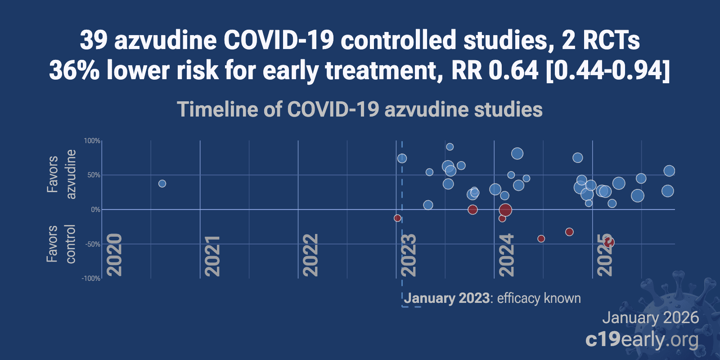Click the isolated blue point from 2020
(162, 184)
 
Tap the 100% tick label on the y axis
(92, 141)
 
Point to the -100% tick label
(91, 279)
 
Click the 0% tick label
(95, 210)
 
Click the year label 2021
(212, 255)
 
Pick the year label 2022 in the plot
(310, 255)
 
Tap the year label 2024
(506, 255)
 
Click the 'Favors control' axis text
(61, 243)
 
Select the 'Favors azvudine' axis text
(61, 174)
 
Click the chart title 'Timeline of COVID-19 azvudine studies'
(360, 109)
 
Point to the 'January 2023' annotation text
(446, 298)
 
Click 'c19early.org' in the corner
(642, 339)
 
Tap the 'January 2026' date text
(650, 318)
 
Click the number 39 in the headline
(94, 40)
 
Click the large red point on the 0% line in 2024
(505, 210)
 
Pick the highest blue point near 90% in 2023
(450, 147)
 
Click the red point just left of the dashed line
(397, 218)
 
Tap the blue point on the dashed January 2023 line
(402, 158)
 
